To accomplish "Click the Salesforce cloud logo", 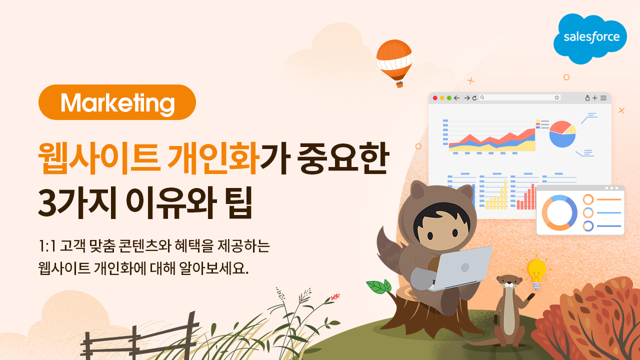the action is point(590,38).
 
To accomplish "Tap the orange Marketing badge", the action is point(117,102).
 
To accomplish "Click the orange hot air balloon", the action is point(394,63).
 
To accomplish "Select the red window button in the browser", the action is point(435,98).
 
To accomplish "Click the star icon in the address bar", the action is point(557,97).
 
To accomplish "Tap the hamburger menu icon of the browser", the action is point(603,98).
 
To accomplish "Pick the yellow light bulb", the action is point(536,273).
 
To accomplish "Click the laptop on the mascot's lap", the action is point(460,268).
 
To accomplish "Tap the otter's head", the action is point(509,282).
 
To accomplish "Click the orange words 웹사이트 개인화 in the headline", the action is point(148,158).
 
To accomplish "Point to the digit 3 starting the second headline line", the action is point(47,203).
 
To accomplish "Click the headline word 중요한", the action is point(343,158).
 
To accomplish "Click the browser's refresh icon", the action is point(474,98).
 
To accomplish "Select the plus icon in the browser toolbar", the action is point(595,98).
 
